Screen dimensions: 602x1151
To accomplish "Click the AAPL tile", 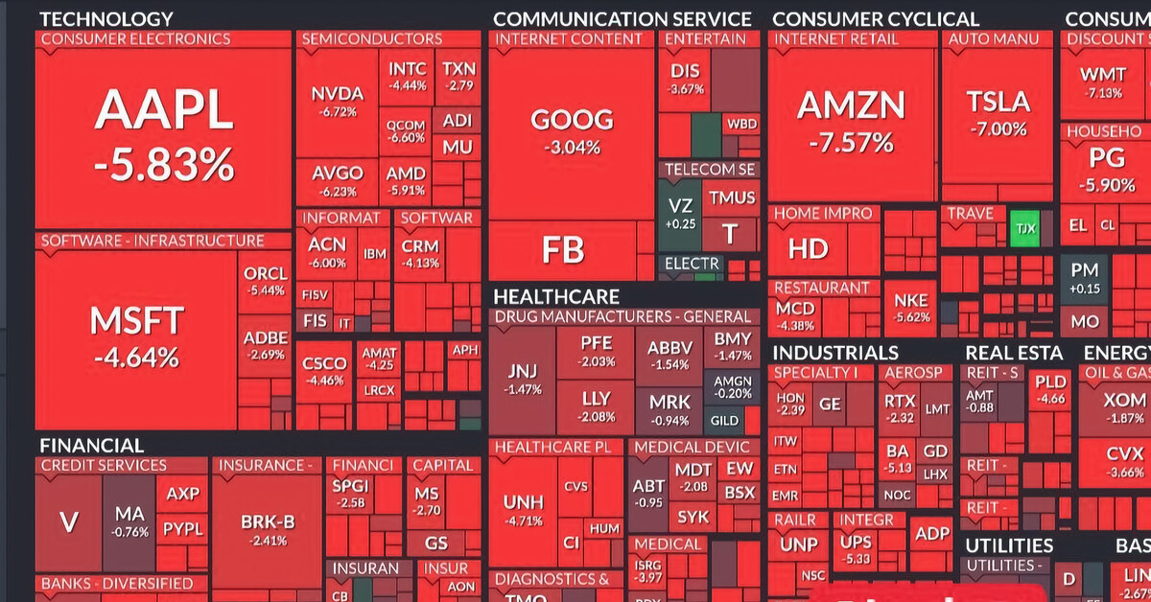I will pyautogui.click(x=163, y=134).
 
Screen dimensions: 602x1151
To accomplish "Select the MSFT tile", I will pyautogui.click(x=136, y=336).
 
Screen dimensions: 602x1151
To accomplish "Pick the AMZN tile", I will pyautogui.click(x=852, y=120).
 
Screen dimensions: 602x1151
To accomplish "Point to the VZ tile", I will pyautogui.click(x=680, y=213).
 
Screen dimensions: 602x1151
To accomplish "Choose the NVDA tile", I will pyautogui.click(x=338, y=101).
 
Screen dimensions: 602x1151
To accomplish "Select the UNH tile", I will pyautogui.click(x=523, y=508).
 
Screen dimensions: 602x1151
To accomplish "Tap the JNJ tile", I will pyautogui.click(x=523, y=379).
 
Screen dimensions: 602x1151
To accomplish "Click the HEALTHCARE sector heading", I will pyautogui.click(x=555, y=297).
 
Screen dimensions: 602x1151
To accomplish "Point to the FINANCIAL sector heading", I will pyautogui.click(x=91, y=446).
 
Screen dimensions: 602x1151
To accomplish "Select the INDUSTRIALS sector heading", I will pyautogui.click(x=834, y=353).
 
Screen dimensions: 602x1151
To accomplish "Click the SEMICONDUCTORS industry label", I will pyautogui.click(x=371, y=39).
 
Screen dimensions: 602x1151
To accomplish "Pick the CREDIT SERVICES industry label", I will pyautogui.click(x=104, y=466).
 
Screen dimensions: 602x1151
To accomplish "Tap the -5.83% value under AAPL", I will pyautogui.click(x=163, y=165).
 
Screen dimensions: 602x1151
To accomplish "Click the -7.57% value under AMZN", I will pyautogui.click(x=852, y=144).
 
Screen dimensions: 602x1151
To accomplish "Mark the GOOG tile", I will pyautogui.click(x=572, y=129).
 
